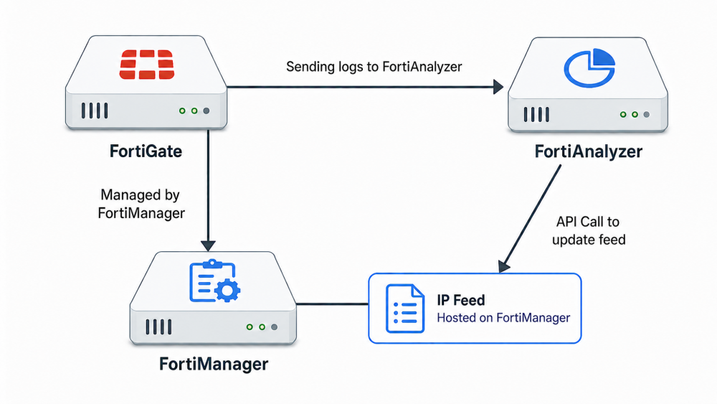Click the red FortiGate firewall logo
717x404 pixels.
[147, 65]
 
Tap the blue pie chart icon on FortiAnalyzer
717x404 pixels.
[589, 67]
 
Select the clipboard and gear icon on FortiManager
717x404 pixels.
[214, 281]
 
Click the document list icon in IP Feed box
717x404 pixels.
[404, 308]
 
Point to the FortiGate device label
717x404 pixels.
[146, 151]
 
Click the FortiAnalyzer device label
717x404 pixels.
[589, 151]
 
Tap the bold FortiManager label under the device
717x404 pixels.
[214, 365]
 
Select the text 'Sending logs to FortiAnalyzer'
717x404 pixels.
[374, 67]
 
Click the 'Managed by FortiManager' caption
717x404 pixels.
[141, 204]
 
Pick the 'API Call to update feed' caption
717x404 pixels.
[589, 230]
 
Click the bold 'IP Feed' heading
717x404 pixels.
[461, 300]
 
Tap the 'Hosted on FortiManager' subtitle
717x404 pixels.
[503, 317]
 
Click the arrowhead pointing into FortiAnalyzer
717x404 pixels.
[498, 87]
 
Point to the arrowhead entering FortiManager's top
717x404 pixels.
[208, 245]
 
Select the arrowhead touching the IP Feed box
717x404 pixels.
[503, 266]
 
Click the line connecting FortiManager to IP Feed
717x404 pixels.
[333, 304]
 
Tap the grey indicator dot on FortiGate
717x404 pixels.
[206, 111]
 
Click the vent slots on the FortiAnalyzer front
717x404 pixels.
[536, 114]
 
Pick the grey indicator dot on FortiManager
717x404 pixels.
[274, 327]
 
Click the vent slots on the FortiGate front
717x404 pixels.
[95, 111]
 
